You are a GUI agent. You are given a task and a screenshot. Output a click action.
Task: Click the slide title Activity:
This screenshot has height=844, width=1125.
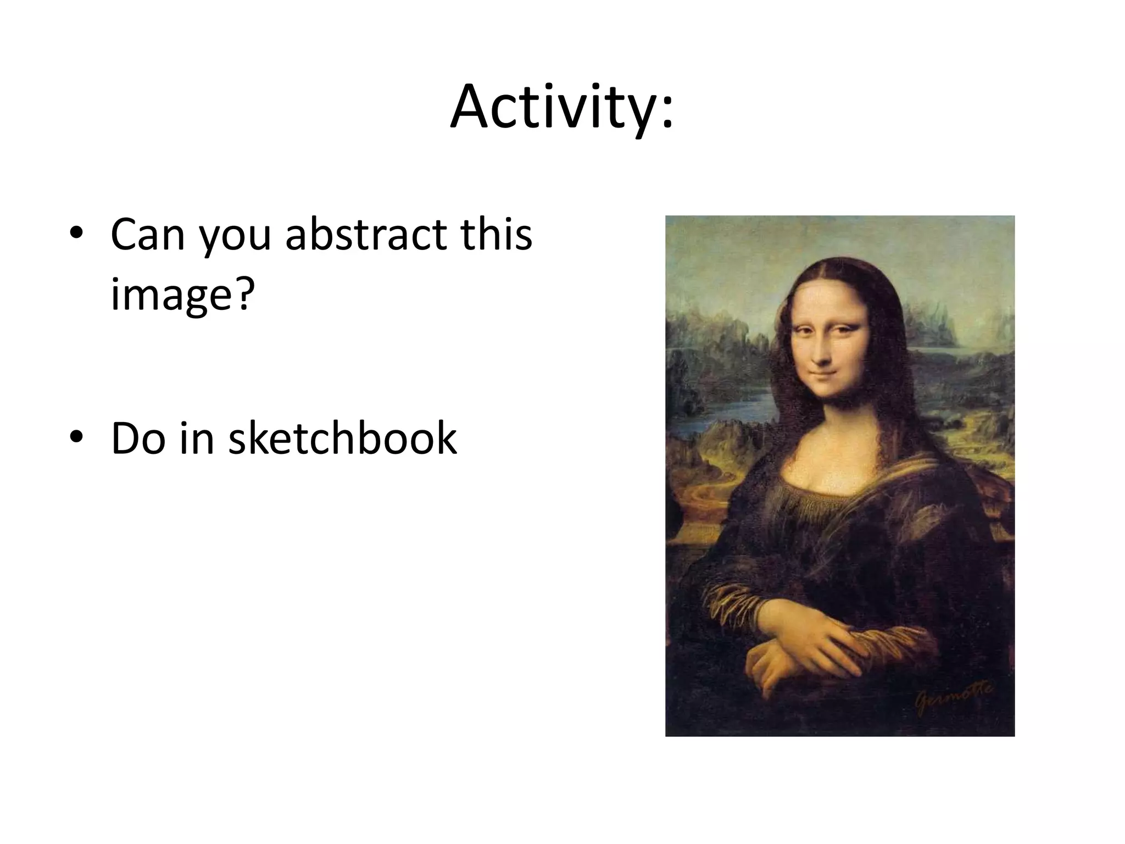point(561,107)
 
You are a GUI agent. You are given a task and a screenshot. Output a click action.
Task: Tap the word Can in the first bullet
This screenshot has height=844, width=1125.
point(147,235)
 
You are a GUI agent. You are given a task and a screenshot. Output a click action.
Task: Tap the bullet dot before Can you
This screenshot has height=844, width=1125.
point(76,233)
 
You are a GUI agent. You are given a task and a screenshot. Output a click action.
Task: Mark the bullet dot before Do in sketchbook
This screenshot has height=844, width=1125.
point(76,437)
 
